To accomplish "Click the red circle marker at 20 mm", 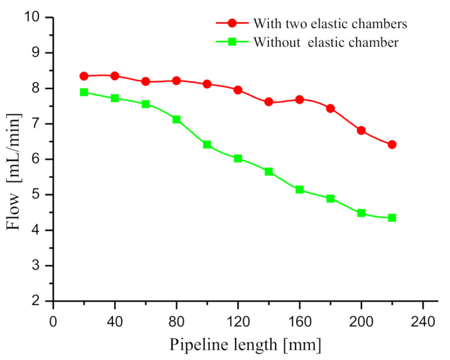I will coord(84,76).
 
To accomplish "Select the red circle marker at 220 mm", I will coord(392,144).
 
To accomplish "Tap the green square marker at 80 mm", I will coord(176,119).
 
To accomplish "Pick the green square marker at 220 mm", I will coord(392,217).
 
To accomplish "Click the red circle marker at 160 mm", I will coord(300,99).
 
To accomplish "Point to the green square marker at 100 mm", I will coord(207,144).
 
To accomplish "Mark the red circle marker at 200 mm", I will coord(361,130).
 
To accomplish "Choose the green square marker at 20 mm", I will coord(84,92).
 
